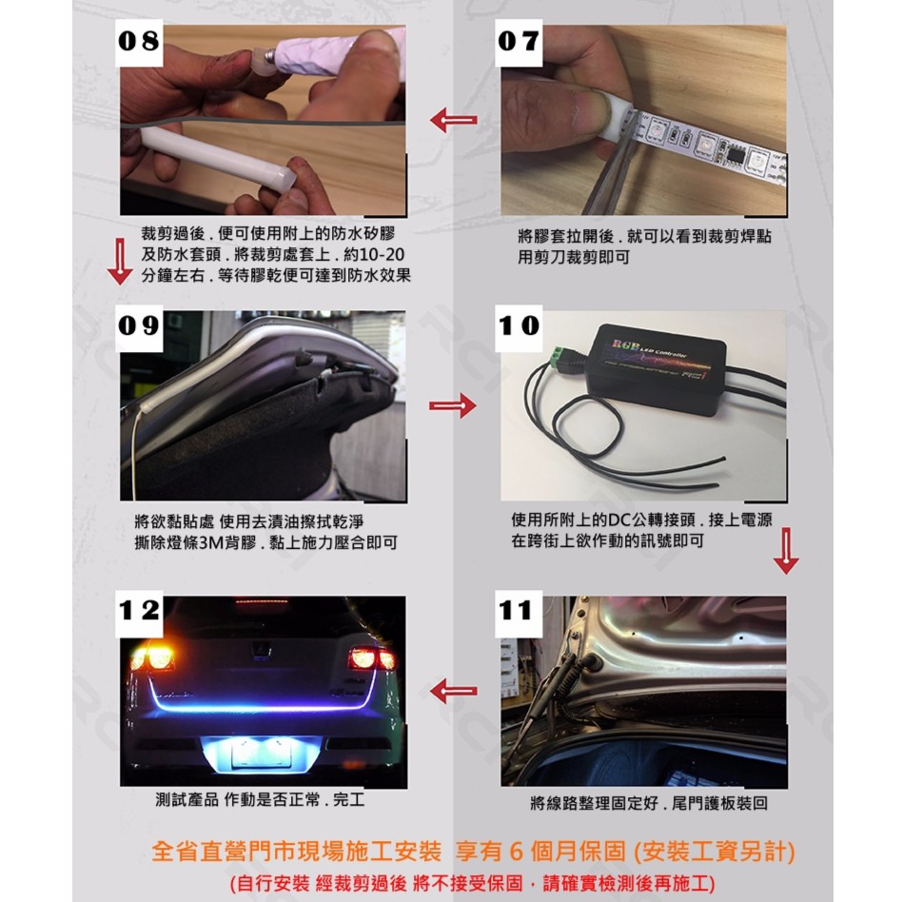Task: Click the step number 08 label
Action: [x=139, y=41]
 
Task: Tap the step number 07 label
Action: [x=519, y=41]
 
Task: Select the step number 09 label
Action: [x=139, y=326]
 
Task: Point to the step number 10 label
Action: [x=519, y=326]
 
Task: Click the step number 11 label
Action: [x=519, y=611]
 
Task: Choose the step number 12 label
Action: [x=139, y=611]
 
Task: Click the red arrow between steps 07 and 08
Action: [x=454, y=120]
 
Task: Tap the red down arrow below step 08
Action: [x=120, y=262]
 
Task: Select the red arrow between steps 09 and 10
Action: [x=453, y=405]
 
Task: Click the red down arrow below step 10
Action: [x=786, y=551]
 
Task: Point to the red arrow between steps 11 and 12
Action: [x=454, y=691]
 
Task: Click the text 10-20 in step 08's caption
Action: [x=381, y=255]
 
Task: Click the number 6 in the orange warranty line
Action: [x=516, y=851]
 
